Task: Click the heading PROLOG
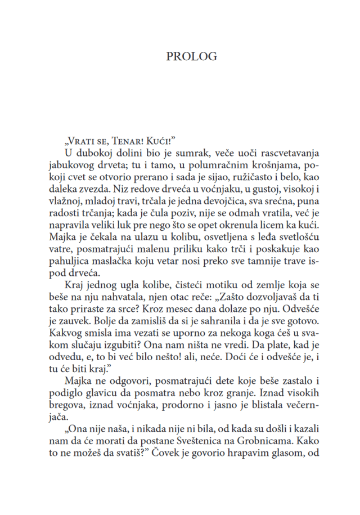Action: click(192, 57)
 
